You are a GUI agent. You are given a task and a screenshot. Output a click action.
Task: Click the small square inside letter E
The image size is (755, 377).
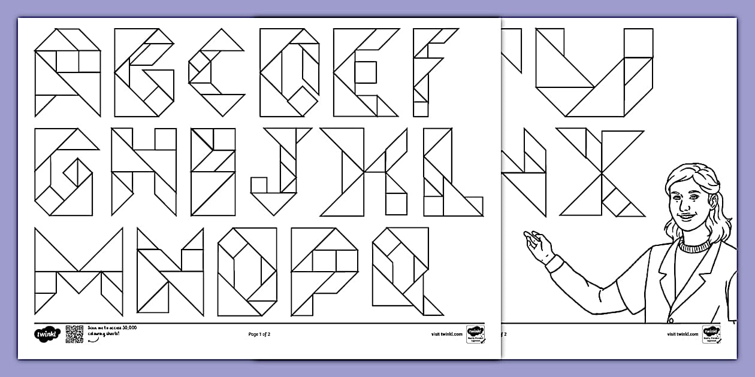(366, 72)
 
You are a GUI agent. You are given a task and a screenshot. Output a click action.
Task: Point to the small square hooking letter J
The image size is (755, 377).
(259, 185)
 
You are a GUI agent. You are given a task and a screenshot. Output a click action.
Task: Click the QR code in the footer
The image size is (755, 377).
(74, 334)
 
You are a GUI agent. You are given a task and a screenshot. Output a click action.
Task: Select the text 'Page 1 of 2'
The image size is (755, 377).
(259, 334)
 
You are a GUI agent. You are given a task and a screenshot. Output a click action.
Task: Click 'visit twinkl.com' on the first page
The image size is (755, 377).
(446, 334)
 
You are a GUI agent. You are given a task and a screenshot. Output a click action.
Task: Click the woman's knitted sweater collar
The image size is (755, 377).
(694, 245)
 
